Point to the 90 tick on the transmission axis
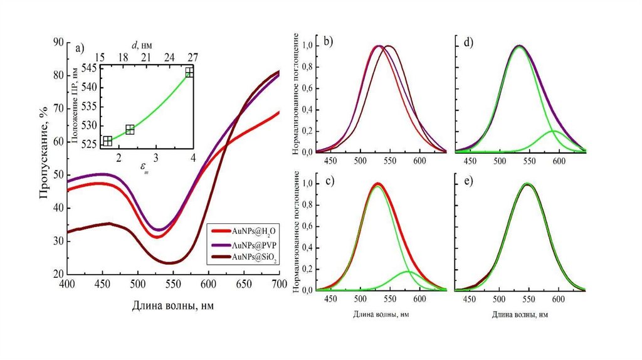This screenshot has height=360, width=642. coord(58,41)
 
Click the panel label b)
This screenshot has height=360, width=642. coord(328,43)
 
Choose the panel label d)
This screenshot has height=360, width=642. coord(468,43)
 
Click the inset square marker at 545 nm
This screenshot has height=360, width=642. coord(189,72)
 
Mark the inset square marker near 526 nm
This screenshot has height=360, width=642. coord(107,140)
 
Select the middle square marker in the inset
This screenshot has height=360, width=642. coord(130,130)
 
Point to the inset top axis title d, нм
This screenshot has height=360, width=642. coord(142,45)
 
